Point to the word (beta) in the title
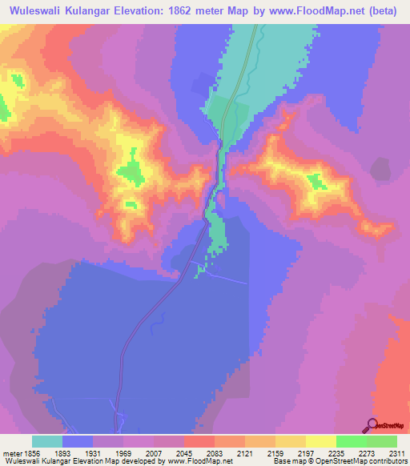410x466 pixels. pos(384,12)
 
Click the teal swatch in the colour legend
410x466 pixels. pos(47,441)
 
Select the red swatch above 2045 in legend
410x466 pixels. pos(199,441)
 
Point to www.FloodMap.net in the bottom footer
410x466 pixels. pos(200,461)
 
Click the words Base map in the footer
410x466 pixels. pos(284,461)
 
